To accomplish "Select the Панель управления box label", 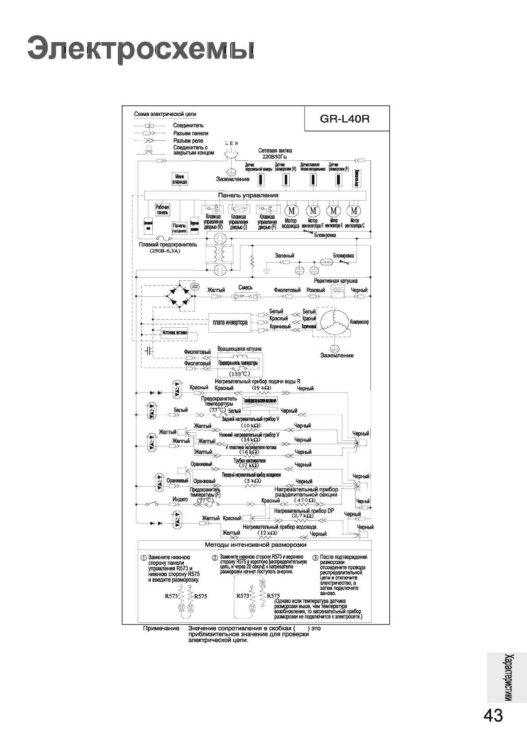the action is click(248, 195).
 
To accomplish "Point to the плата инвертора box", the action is click(230, 322).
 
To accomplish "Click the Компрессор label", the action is click(359, 322).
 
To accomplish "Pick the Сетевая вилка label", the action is click(275, 151).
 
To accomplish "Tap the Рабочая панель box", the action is click(163, 210).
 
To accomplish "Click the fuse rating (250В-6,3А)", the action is click(165, 251).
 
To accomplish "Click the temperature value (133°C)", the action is click(240, 373).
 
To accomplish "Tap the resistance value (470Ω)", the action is click(305, 500).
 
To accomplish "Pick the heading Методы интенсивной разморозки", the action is click(256, 544).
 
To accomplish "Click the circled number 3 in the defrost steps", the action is click(315, 557).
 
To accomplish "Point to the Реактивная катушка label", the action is click(336, 281).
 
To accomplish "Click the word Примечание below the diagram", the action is click(161, 629).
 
